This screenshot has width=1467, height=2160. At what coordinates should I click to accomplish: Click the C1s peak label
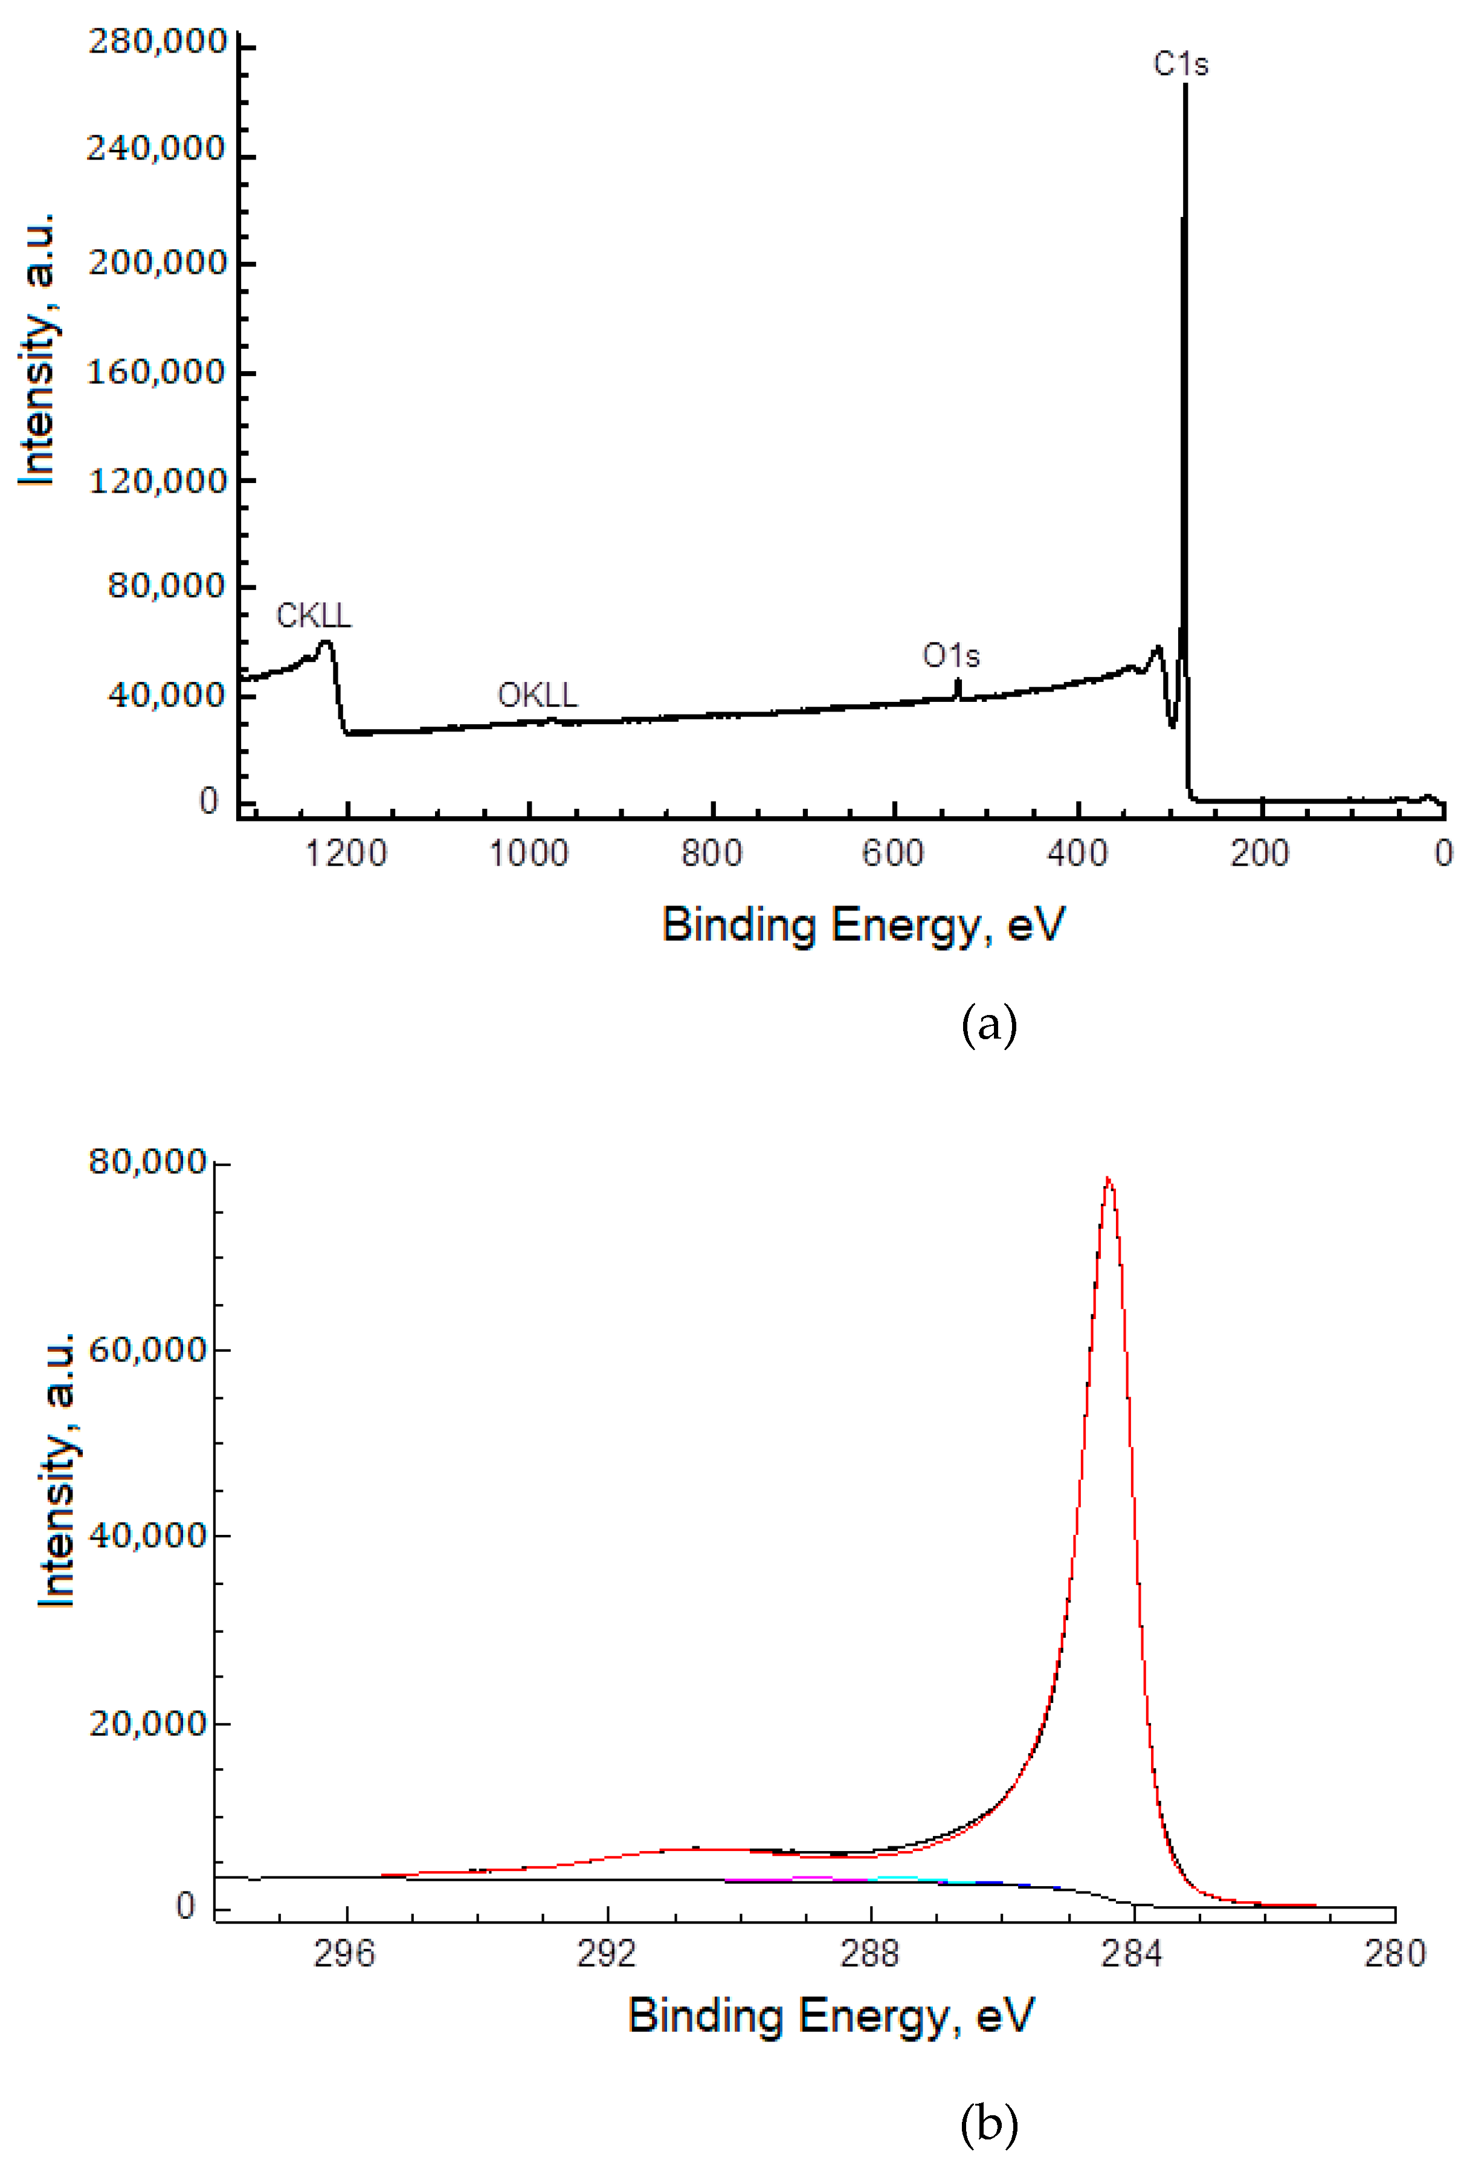tap(1180, 64)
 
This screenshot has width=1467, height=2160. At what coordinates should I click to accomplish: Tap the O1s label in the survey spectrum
tap(950, 656)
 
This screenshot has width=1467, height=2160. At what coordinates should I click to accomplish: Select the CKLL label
tap(314, 616)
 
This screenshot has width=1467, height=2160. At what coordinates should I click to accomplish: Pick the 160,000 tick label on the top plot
tap(156, 373)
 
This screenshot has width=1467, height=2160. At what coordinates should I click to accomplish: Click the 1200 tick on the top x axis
tap(347, 853)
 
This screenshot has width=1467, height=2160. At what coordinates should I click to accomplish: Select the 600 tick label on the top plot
tap(893, 853)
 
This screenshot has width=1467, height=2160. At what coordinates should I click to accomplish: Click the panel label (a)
tap(988, 1025)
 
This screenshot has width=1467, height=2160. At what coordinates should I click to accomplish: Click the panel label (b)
tap(988, 2124)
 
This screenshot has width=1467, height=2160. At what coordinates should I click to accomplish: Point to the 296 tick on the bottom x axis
tap(344, 1954)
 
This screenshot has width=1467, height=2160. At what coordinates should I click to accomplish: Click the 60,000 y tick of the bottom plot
tap(147, 1349)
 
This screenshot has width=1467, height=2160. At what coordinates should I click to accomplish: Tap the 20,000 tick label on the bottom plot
tap(147, 1723)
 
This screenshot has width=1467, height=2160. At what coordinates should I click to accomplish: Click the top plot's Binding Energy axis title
tap(863, 926)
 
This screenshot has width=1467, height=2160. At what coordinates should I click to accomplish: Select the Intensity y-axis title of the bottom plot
tap(57, 1470)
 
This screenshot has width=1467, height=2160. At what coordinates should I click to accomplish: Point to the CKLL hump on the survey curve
tap(325, 643)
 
